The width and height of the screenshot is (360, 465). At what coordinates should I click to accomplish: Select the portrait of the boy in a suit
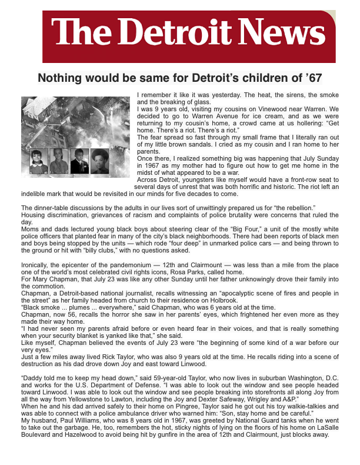coord(79,161)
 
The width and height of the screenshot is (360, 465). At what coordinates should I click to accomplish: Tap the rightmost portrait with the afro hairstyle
coord(99,161)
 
